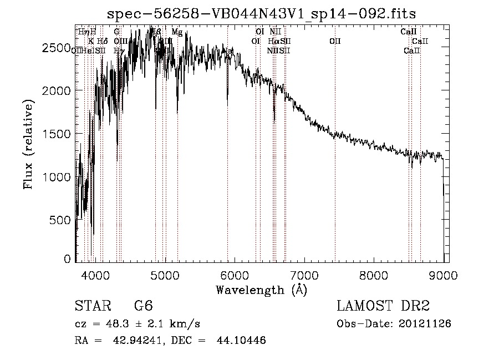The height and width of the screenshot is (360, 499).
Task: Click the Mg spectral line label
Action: (x=177, y=32)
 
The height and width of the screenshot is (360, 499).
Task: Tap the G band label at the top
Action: (x=116, y=32)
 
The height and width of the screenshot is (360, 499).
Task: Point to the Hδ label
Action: (x=102, y=41)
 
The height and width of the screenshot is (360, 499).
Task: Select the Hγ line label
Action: (x=118, y=50)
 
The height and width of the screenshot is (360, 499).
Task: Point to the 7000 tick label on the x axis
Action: (x=304, y=275)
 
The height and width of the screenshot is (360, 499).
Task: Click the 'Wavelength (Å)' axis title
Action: (x=261, y=290)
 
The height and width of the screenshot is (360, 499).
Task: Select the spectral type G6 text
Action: (x=143, y=306)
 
